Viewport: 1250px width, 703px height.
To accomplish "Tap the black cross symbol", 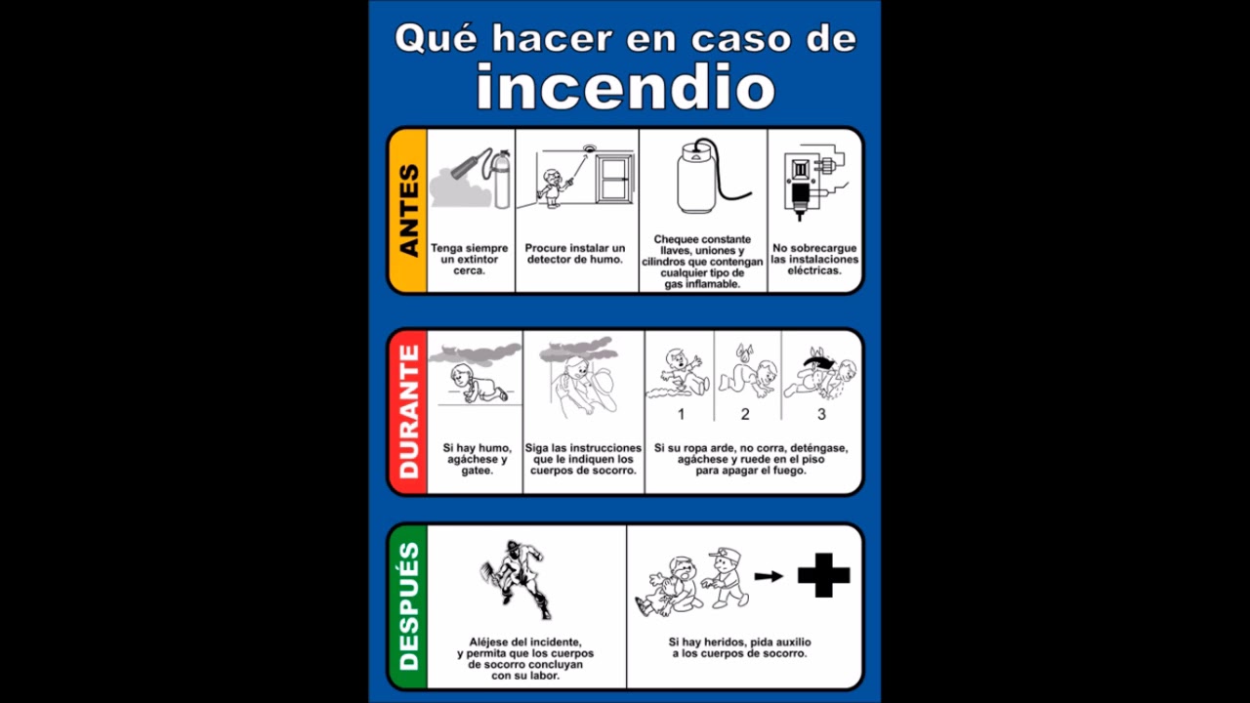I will [x=823, y=575].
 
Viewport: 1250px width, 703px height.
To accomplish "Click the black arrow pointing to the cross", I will [x=769, y=576].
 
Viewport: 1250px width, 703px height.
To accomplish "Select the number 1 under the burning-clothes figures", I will [x=681, y=414].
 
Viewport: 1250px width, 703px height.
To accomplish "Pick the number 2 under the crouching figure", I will [x=745, y=414].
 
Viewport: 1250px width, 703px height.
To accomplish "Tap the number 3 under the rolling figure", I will [x=821, y=414].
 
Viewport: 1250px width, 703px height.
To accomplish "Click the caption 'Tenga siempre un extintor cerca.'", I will [x=470, y=260].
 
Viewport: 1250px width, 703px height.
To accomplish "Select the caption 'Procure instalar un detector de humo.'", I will [x=575, y=254].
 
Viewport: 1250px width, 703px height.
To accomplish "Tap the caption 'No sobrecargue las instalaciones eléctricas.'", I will [x=814, y=260].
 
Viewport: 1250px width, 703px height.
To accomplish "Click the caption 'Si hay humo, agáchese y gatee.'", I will [x=477, y=459].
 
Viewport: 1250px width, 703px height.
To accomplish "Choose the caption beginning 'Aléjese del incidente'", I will [x=525, y=658].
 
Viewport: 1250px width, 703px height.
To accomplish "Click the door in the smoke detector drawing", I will [x=614, y=181].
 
